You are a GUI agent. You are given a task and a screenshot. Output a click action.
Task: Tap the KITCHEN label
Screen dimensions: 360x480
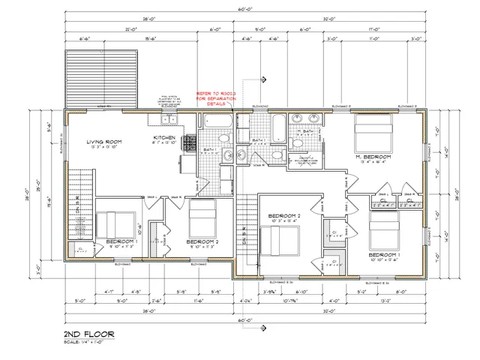point(164,138)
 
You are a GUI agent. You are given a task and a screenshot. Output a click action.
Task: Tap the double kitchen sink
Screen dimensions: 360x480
point(171,119)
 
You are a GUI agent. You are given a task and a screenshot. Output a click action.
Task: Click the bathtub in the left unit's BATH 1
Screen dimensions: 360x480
point(217,121)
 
